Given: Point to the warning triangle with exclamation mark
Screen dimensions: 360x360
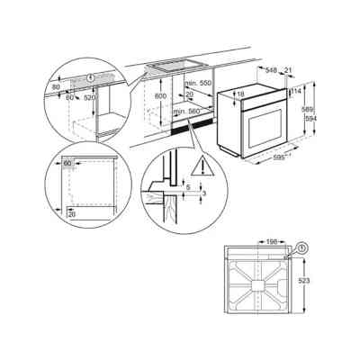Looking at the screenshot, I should click(x=209, y=166).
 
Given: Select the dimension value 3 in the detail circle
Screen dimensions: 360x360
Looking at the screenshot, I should click(x=203, y=193).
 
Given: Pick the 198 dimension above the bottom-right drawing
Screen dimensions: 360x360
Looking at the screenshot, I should click(x=271, y=242).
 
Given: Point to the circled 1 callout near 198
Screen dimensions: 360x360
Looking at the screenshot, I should click(x=301, y=246).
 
